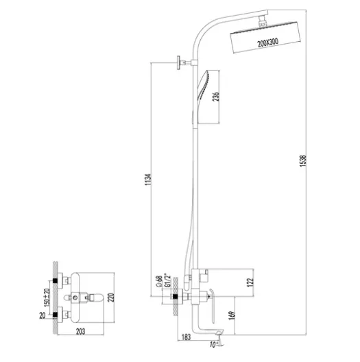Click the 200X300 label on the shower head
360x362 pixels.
[268, 43]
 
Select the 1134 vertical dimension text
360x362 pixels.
[148, 180]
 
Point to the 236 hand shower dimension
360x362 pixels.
[216, 97]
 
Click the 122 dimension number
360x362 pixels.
[250, 282]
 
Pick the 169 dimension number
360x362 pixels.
[232, 315]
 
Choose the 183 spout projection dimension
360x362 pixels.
[186, 337]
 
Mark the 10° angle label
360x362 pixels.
[213, 344]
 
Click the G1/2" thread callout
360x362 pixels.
[167, 280]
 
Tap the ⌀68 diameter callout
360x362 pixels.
[159, 281]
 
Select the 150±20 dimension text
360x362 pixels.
[47, 298]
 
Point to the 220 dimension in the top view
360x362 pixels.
[111, 298]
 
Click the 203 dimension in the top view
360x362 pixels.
[80, 332]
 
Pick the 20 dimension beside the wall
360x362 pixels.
[43, 315]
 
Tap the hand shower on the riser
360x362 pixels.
[202, 97]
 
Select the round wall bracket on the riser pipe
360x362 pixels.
[179, 62]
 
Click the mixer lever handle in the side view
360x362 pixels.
[212, 304]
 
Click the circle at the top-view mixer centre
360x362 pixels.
[75, 298]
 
